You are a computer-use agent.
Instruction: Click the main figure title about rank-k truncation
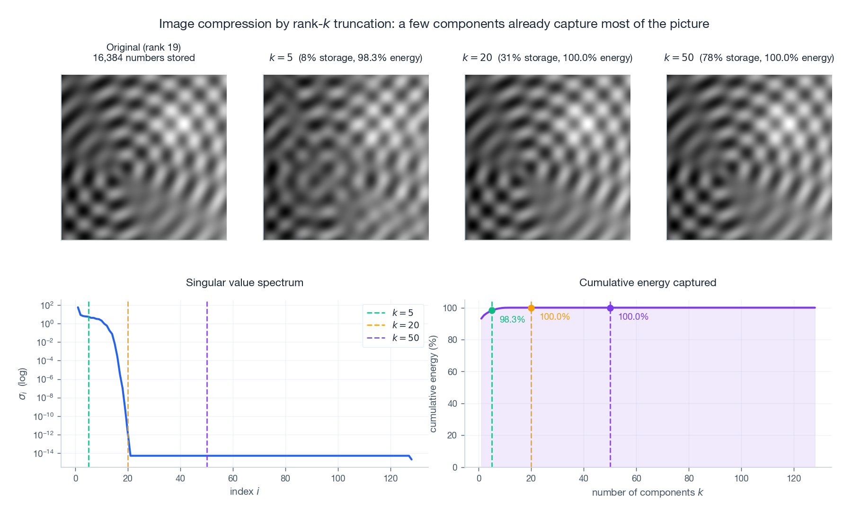(434, 24)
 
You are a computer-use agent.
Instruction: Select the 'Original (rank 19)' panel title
(143, 52)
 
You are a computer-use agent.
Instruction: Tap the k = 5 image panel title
(346, 58)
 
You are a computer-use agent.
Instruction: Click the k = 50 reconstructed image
(749, 157)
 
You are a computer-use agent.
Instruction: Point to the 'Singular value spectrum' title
(244, 283)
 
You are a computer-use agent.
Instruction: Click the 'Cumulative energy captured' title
(647, 283)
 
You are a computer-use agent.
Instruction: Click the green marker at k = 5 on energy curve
(492, 311)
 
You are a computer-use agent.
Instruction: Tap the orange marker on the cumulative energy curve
(531, 308)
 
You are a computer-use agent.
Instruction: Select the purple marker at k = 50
(610, 308)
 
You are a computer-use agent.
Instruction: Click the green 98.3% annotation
(512, 320)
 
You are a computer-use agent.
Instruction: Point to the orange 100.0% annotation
(555, 317)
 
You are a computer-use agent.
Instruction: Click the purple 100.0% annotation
(633, 317)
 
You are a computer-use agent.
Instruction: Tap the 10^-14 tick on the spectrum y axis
(44, 454)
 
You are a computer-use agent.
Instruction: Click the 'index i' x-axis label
(244, 492)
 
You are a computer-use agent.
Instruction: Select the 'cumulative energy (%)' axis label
(433, 384)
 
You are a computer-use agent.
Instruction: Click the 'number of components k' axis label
(647, 493)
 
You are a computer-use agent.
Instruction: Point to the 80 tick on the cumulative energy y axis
(452, 340)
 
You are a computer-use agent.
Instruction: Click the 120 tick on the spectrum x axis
(390, 479)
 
